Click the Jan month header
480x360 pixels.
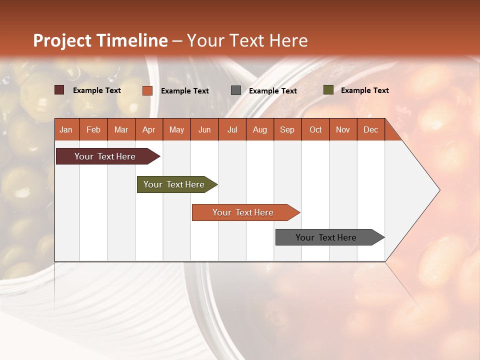[66, 129]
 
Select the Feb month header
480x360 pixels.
[93, 129]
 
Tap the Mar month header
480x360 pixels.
[121, 129]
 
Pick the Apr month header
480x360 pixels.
[149, 129]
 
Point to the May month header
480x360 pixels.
[176, 129]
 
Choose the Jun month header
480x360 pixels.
[204, 129]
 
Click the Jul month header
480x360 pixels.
[232, 129]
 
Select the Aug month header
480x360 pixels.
[260, 129]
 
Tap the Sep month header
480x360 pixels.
[287, 129]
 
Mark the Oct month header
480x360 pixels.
[315, 129]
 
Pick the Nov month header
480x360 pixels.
[343, 129]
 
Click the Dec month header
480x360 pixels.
[371, 129]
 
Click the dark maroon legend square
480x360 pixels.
[59, 90]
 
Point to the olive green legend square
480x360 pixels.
[328, 90]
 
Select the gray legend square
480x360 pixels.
[236, 90]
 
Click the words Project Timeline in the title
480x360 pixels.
[100, 40]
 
